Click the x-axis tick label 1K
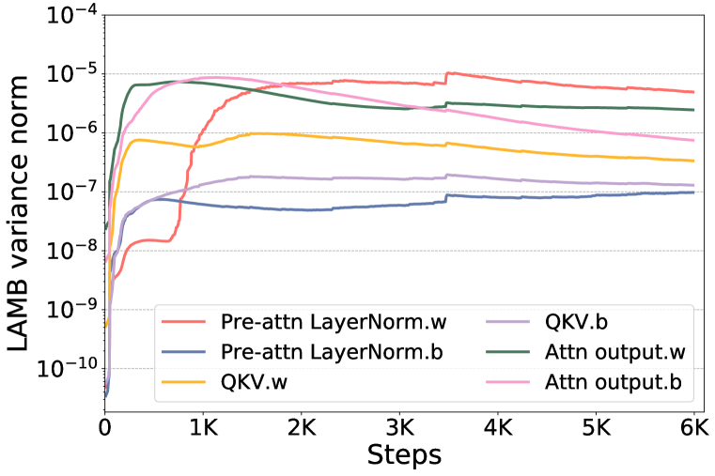point(203,430)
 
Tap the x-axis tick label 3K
point(400,430)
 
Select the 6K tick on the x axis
point(694,430)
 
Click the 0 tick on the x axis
point(105,430)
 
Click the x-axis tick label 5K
point(597,430)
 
